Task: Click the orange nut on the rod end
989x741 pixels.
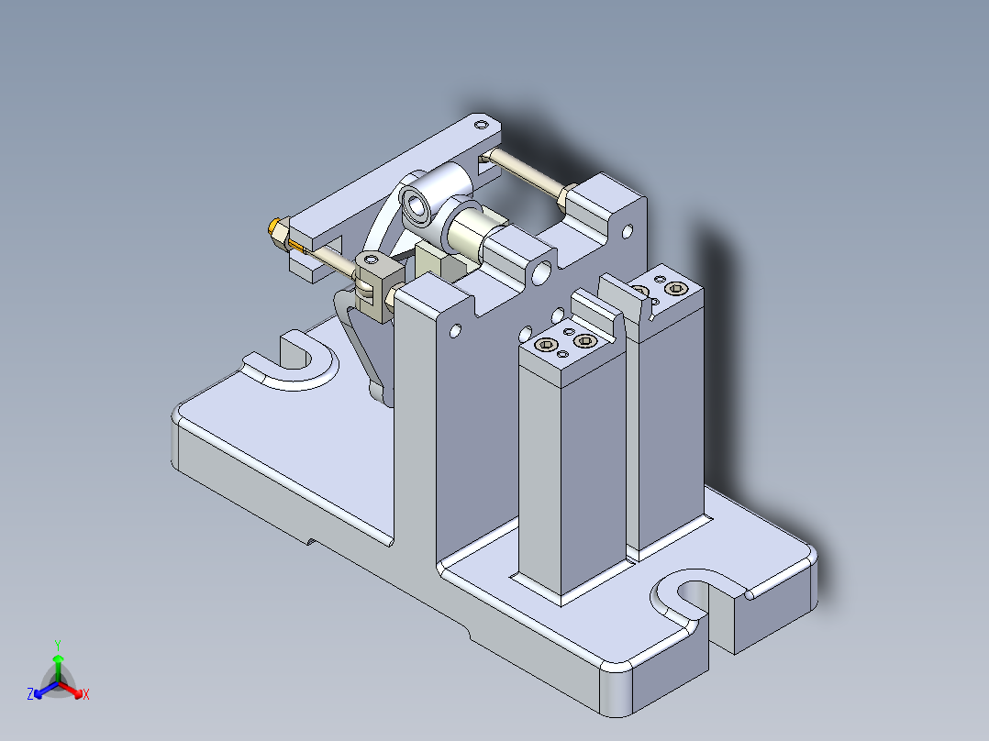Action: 274,229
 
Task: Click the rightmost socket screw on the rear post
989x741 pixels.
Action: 676,289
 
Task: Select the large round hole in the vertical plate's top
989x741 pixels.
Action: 540,271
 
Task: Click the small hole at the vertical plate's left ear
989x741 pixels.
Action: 455,329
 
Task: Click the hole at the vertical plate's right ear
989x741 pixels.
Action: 629,230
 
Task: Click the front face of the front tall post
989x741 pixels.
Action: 541,477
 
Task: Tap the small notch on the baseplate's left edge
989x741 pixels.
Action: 312,542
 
